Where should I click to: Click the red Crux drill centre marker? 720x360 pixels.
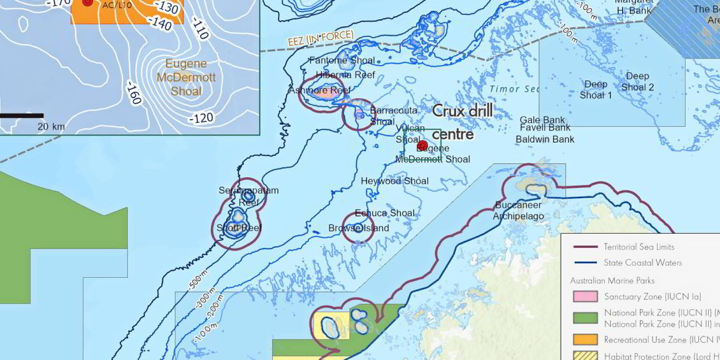tap(422, 146)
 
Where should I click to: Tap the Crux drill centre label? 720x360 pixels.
tap(462, 122)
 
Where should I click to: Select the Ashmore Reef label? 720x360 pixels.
tap(315, 90)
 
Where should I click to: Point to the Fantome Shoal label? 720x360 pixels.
tap(342, 61)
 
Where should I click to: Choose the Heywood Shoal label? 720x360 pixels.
tap(394, 181)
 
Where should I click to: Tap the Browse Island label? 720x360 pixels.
tap(358, 228)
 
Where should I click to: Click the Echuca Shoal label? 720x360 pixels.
tap(384, 213)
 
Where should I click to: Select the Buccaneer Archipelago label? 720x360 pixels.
tap(519, 211)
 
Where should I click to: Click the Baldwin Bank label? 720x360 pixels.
tap(545, 139)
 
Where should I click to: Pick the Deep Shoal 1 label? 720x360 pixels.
tap(596, 90)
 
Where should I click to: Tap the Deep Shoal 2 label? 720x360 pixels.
tap(637, 82)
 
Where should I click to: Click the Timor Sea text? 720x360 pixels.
tap(515, 89)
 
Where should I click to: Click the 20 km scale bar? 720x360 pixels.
tap(22, 116)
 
